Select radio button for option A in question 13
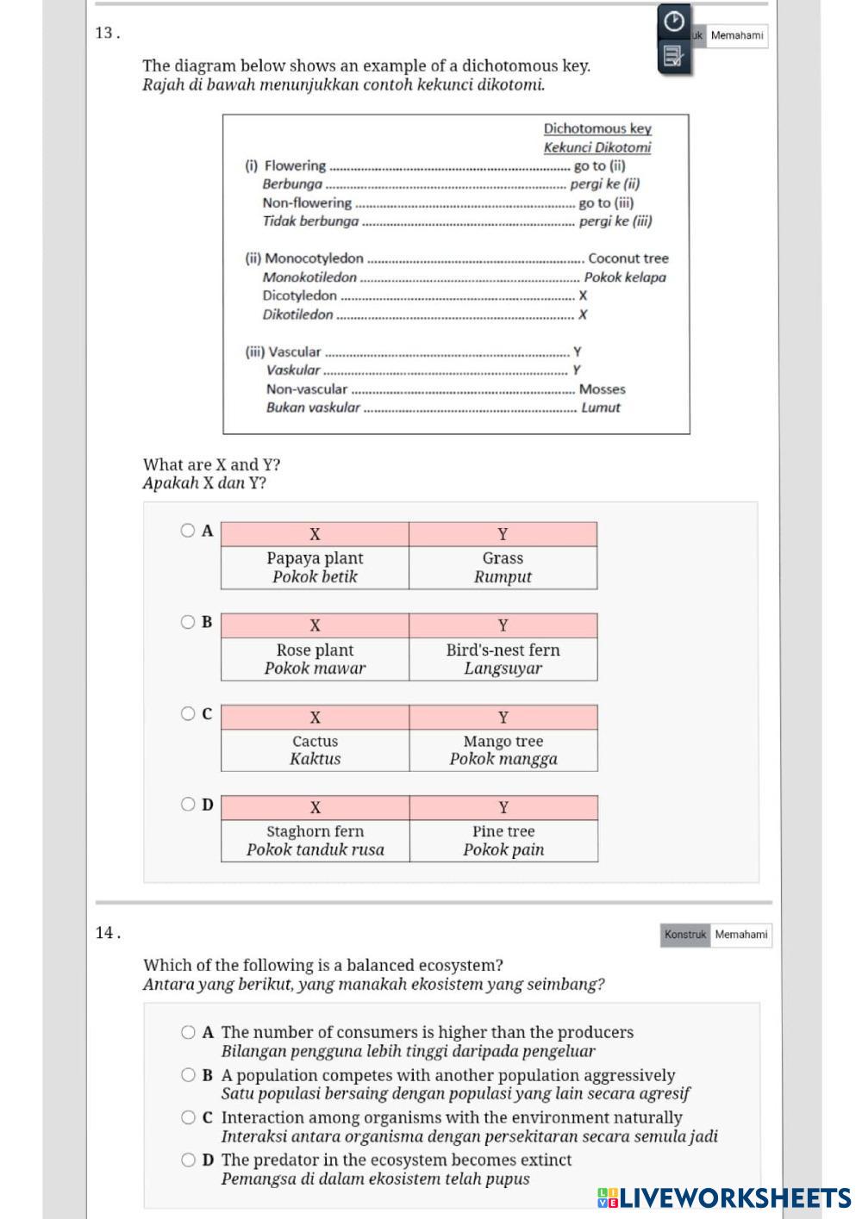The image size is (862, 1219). tap(188, 531)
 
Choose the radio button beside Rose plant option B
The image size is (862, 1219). tap(188, 622)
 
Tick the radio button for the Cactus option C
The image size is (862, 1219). tap(188, 713)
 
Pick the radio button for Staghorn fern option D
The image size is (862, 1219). tap(188, 805)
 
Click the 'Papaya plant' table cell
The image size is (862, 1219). tap(315, 568)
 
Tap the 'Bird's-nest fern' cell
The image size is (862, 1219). tap(503, 659)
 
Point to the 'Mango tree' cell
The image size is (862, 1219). tap(503, 750)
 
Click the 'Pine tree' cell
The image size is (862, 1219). tap(503, 841)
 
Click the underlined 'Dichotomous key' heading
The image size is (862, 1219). tap(597, 128)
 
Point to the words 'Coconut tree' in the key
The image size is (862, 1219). tap(628, 258)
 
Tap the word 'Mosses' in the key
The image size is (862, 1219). tap(603, 389)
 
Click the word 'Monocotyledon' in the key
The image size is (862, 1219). tap(314, 258)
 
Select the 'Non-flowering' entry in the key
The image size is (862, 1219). tap(307, 203)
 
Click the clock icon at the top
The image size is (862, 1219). tap(674, 20)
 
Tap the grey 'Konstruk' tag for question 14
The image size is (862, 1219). tap(685, 935)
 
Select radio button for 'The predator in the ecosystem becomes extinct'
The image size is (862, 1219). tap(188, 1160)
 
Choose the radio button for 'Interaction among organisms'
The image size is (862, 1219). tap(188, 1117)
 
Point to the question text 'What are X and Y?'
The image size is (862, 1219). tap(211, 465)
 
